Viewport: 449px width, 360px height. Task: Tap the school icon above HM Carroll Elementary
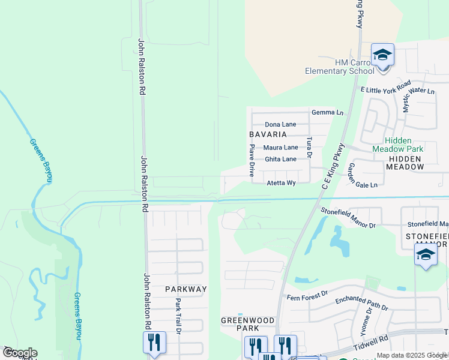[382, 55]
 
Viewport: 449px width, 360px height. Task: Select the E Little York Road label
[385, 86]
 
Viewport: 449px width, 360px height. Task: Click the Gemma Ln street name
[328, 112]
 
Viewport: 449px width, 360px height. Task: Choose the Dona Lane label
[280, 124]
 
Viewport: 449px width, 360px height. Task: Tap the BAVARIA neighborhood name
[268, 134]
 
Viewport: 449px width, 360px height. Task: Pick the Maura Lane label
[281, 147]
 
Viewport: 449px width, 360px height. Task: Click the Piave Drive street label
[252, 160]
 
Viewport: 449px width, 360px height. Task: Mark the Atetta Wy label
[282, 183]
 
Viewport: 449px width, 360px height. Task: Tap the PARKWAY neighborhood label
[186, 289]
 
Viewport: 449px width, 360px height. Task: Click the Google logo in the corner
[19, 353]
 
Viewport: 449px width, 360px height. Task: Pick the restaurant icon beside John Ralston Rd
[154, 343]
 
